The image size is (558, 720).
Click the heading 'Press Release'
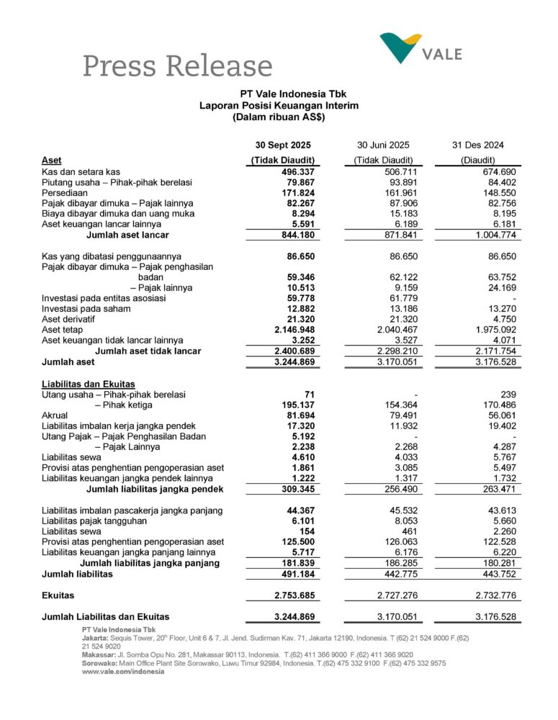[x=177, y=66]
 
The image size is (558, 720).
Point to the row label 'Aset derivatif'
[x=71, y=319]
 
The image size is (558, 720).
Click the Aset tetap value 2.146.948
[x=293, y=329]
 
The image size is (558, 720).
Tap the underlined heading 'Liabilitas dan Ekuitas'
[x=89, y=384]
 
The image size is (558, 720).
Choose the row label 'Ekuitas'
[x=59, y=595]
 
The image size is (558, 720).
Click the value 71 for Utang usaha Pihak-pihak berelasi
[x=311, y=395]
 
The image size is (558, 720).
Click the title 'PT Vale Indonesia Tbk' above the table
[x=279, y=94]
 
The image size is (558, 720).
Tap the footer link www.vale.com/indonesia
[x=123, y=671]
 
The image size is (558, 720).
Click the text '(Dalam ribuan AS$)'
[x=279, y=117]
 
